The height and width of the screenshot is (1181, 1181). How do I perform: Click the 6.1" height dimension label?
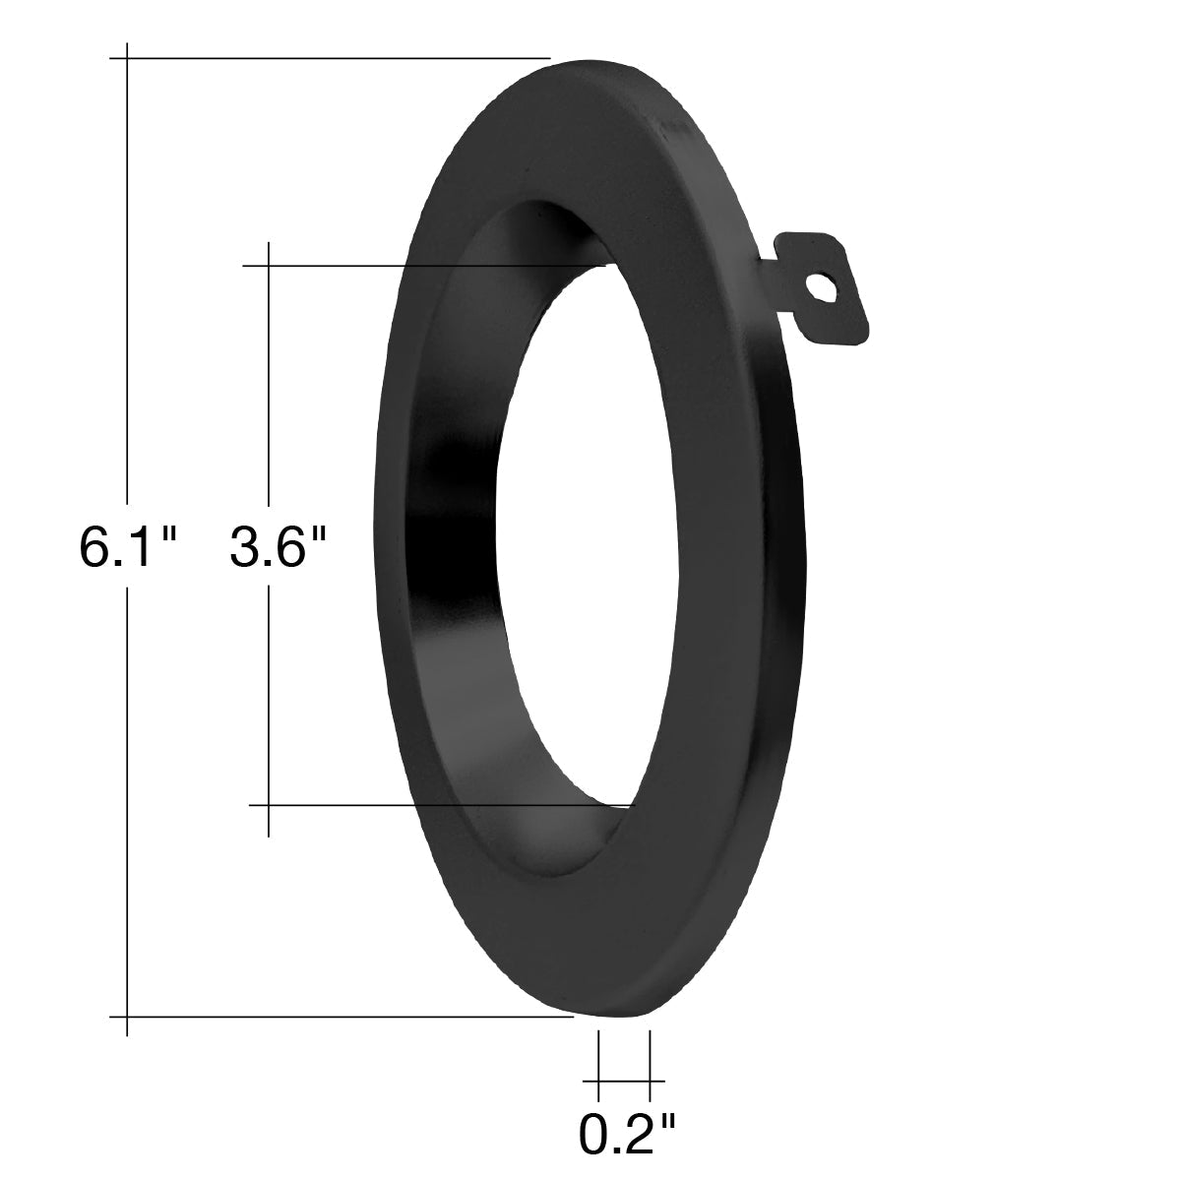coord(128,548)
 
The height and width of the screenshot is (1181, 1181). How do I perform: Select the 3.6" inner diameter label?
coord(278,548)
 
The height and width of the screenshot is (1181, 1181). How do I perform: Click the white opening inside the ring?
coord(589,533)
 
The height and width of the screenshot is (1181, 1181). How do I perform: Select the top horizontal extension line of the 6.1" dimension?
coord(330,58)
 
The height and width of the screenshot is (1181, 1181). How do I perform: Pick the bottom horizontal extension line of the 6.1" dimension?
coord(342,1016)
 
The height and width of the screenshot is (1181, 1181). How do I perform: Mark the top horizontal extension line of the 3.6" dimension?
coord(424,266)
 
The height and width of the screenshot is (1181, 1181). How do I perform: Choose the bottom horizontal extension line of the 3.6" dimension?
coord(439,805)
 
